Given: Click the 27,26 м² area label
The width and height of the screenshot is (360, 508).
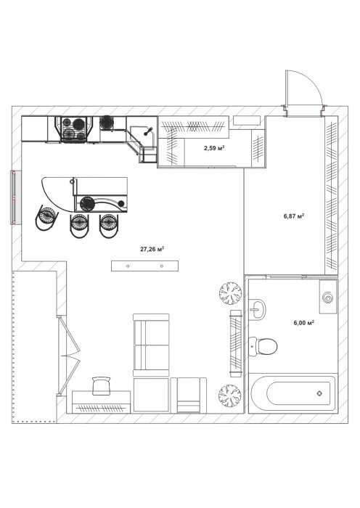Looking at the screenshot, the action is (152, 249).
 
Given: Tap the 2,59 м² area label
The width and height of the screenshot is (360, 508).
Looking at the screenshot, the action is (215, 148).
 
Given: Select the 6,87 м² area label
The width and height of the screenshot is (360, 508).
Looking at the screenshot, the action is (294, 216).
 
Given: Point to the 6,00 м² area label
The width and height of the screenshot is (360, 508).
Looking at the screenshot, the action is (304, 323).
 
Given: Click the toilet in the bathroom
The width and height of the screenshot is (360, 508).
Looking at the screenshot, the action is (263, 346).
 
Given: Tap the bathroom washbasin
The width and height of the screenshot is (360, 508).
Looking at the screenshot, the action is (257, 309).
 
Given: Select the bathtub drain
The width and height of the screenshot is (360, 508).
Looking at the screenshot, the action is (319, 393).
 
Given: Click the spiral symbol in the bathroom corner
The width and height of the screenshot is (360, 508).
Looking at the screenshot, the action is (327, 298).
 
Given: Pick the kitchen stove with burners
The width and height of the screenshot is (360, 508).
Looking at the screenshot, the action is (74, 129).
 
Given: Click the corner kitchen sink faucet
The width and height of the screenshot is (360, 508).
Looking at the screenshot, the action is (148, 131).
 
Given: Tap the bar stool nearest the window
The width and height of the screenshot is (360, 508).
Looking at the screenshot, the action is (46, 217).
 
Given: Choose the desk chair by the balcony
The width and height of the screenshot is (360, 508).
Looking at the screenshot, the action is (101, 385).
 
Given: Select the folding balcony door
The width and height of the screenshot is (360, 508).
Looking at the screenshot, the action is (69, 356).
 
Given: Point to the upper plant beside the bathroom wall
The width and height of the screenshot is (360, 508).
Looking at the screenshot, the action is (230, 293).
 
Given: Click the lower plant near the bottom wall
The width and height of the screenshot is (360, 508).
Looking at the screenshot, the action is (230, 396).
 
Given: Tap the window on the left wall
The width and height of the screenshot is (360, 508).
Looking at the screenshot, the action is (14, 197).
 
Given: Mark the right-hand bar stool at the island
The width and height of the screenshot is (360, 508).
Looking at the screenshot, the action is (109, 226).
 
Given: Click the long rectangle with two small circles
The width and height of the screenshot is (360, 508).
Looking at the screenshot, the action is (144, 266).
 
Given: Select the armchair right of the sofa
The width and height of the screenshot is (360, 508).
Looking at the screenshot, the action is (189, 396).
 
